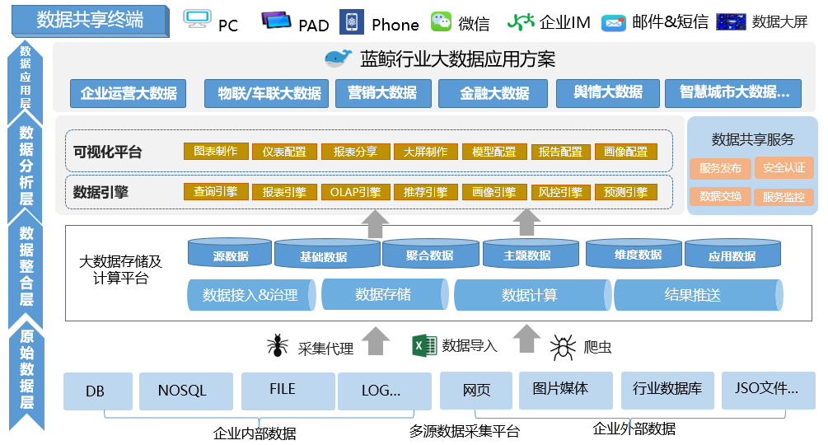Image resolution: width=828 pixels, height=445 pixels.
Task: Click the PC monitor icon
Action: point(197,21)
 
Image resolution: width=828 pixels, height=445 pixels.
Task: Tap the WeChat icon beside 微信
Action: point(442,22)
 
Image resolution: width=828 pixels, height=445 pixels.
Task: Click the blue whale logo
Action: point(338,59)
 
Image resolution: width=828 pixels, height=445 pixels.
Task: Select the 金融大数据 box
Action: point(494,93)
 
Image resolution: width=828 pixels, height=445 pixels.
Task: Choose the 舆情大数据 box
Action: point(608,92)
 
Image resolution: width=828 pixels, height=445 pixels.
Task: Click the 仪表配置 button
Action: point(284,152)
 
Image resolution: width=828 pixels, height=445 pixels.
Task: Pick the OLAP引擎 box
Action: point(354,192)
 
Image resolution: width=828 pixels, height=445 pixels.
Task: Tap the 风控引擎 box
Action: point(559,192)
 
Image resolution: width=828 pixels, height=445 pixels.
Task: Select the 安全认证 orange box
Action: point(784,168)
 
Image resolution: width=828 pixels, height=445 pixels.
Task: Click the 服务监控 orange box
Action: point(784,197)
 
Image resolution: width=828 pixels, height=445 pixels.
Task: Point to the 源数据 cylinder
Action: point(230,254)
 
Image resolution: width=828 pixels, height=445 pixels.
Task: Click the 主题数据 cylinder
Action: point(527,254)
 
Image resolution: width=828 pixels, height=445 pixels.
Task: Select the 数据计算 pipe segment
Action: point(531,295)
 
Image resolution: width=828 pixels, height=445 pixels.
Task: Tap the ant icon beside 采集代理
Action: point(278,345)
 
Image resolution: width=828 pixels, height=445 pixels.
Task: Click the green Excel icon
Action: point(423,345)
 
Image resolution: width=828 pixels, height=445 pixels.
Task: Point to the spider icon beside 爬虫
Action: point(563,346)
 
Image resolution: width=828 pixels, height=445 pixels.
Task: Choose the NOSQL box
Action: point(181,391)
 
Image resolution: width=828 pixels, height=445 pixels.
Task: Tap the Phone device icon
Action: point(352,22)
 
